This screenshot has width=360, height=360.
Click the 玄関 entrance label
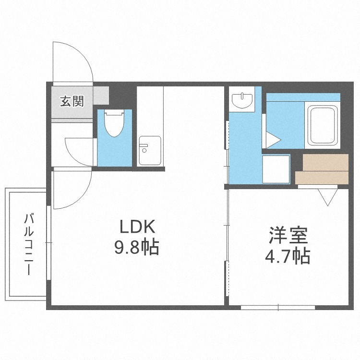(72, 101)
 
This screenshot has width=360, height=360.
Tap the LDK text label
(136, 227)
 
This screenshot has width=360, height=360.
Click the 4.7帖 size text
(288, 257)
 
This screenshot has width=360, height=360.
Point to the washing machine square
(276, 168)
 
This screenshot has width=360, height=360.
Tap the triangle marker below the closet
(328, 197)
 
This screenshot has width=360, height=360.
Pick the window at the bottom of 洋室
(278, 307)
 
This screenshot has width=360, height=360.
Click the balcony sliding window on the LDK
(48, 250)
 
